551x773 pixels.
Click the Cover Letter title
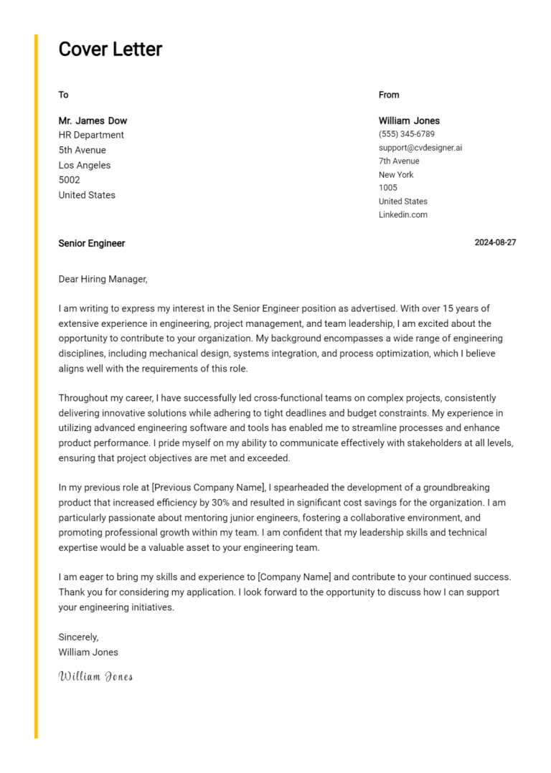(110, 49)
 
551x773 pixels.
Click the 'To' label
(63, 95)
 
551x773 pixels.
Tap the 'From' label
(389, 95)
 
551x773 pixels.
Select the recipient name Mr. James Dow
(93, 120)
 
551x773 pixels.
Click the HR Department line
(91, 135)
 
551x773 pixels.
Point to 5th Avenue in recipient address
(82, 150)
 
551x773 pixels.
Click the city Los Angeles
(85, 165)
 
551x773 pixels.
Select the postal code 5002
(69, 180)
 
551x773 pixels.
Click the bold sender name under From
(409, 120)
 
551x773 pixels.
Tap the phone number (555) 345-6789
(406, 134)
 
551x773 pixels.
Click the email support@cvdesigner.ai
(420, 148)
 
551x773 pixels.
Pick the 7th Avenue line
(399, 161)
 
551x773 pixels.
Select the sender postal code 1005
(387, 188)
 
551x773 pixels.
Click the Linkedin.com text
(402, 214)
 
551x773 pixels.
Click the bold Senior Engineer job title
(92, 243)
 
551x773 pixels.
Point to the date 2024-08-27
(495, 242)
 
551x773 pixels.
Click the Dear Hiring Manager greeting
(103, 279)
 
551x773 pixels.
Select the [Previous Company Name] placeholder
(209, 488)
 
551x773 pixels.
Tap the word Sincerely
(78, 637)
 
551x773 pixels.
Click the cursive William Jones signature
(95, 676)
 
